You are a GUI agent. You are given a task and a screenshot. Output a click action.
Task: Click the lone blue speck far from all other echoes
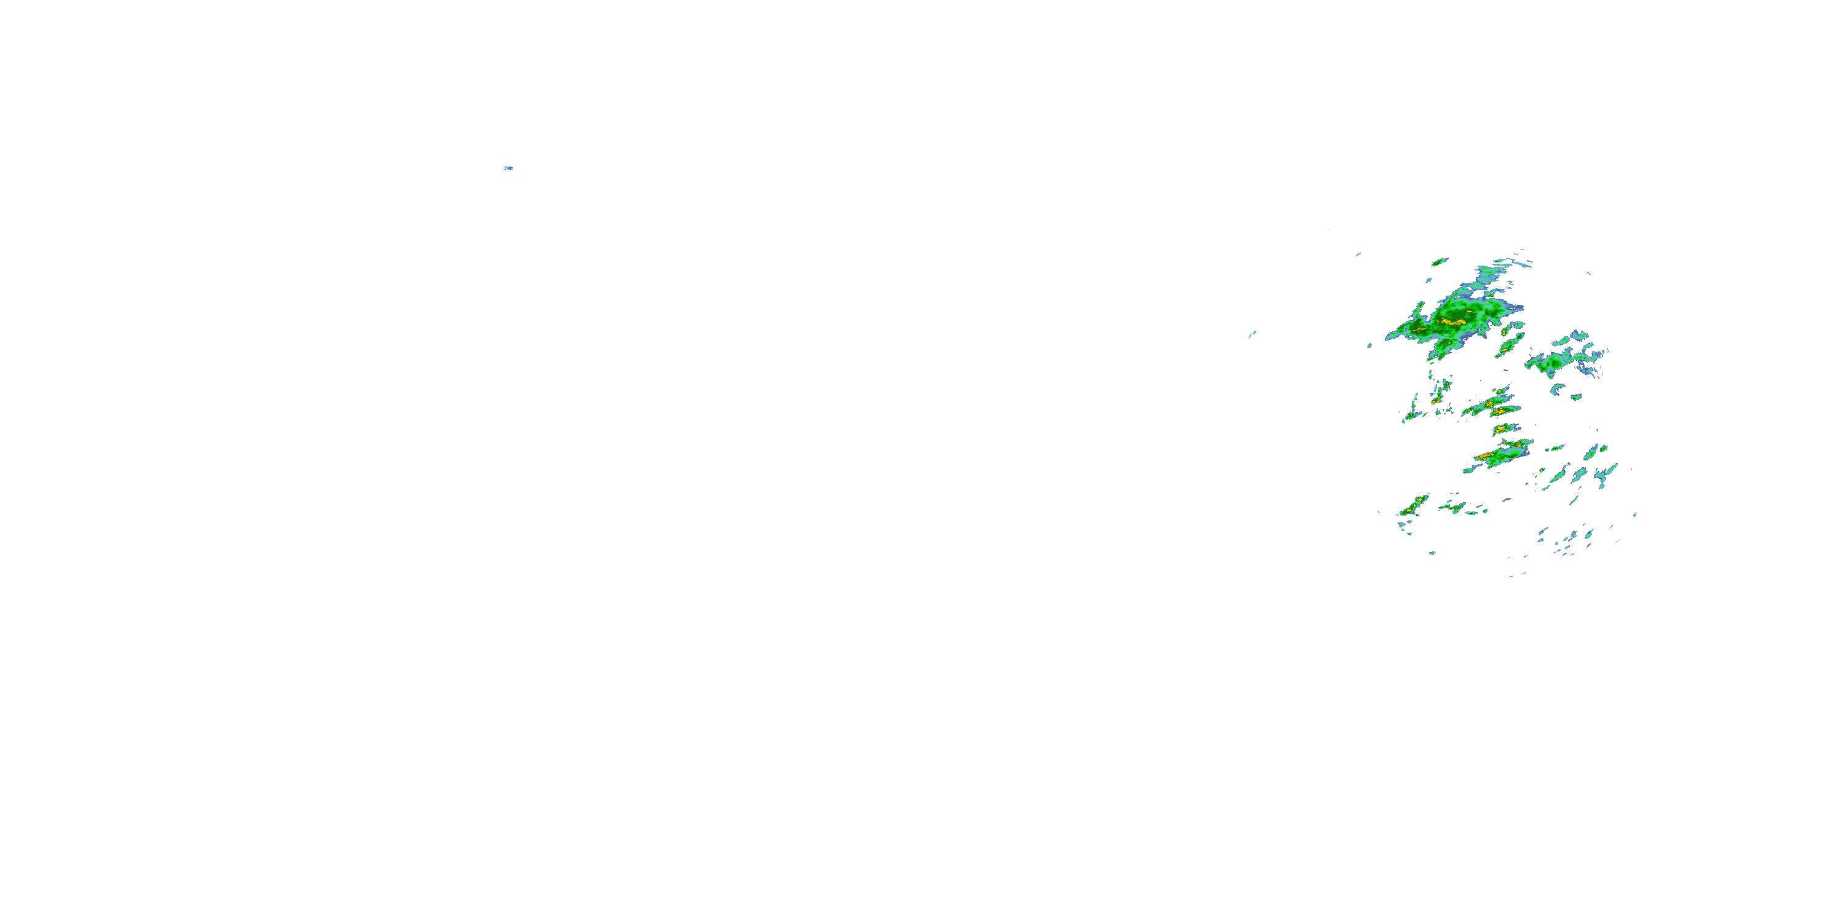508,168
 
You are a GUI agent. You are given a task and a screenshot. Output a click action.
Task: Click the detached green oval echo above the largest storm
1440,261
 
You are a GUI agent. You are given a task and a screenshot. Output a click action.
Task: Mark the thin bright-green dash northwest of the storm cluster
1358,254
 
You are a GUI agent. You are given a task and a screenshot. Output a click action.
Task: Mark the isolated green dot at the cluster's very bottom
1432,553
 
